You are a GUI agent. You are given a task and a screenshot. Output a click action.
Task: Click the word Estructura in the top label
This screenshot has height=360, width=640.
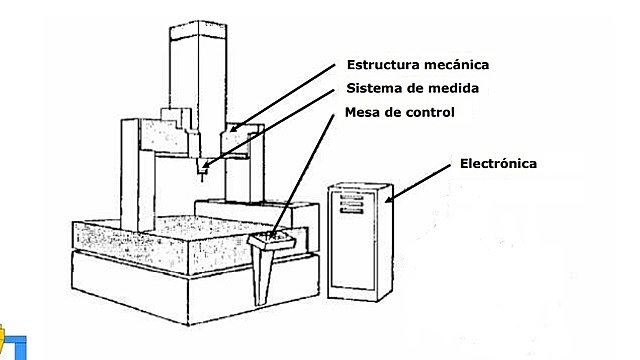pyautogui.click(x=383, y=64)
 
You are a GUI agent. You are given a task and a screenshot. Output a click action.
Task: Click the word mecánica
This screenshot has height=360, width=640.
pyautogui.click(x=457, y=64)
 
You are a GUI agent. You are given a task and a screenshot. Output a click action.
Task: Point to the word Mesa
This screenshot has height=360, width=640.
pyautogui.click(x=362, y=112)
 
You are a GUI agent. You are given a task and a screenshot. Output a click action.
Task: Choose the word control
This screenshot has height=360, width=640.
pyautogui.click(x=430, y=112)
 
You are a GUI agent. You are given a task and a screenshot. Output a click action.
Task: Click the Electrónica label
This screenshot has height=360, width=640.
pyautogui.click(x=498, y=162)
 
